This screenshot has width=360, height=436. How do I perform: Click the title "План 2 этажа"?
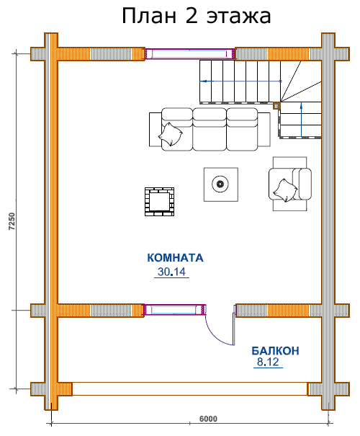tap(196, 16)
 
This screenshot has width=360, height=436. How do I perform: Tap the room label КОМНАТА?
tap(175, 258)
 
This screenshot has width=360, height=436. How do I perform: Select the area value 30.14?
tap(171, 272)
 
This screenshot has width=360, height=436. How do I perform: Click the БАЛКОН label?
tap(275, 351)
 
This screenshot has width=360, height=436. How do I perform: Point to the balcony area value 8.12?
tap(268, 362)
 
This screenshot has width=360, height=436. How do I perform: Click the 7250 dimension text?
tap(12, 222)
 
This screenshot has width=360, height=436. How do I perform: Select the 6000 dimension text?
tap(208, 419)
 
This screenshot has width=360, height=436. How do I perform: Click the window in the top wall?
tap(190, 53)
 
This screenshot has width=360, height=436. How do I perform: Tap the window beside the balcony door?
tap(174, 310)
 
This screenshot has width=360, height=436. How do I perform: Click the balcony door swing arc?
tap(213, 335)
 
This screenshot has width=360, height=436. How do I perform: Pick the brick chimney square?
tap(159, 202)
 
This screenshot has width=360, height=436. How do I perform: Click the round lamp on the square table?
tap(220, 184)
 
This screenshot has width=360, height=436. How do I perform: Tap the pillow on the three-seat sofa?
tap(171, 135)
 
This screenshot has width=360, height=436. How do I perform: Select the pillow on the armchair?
tap(285, 190)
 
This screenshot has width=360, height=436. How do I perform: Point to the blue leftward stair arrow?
tap(240, 81)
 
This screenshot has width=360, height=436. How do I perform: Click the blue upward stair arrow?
tap(302, 120)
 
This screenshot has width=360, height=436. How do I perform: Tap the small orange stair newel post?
tap(276, 106)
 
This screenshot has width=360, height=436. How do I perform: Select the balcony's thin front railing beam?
tap(190, 388)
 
